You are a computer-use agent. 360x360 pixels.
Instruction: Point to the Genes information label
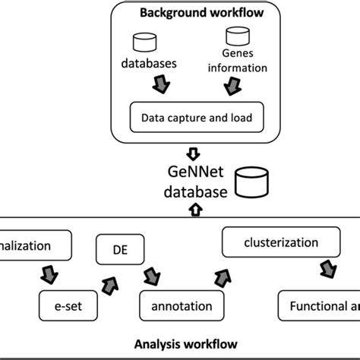[x=238, y=61]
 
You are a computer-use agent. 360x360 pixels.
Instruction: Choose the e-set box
[x=62, y=307]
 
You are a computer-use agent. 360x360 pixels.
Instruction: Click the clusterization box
[x=267, y=244]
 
